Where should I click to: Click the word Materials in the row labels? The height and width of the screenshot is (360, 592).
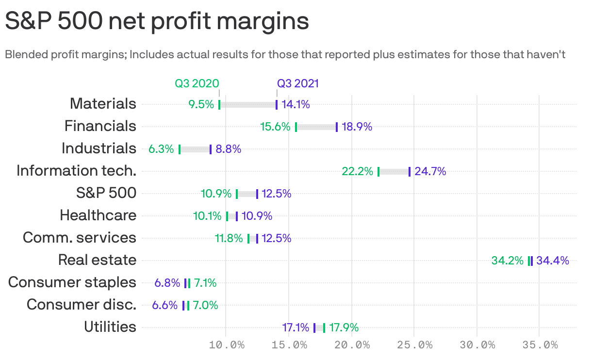click(103, 104)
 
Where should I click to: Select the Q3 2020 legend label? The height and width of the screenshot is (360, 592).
click(197, 83)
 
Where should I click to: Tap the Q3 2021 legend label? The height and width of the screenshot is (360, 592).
click(298, 83)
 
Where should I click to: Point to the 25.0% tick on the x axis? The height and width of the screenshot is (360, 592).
click(414, 345)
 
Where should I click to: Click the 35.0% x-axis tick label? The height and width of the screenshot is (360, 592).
click(540, 345)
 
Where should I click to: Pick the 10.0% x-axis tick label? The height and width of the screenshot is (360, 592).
click(226, 345)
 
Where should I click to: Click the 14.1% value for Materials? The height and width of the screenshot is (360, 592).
click(296, 104)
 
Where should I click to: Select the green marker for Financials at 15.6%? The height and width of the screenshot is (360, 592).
click(296, 127)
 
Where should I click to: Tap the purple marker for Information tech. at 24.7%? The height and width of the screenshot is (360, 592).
click(410, 171)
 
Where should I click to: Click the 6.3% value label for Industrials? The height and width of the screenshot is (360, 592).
click(161, 149)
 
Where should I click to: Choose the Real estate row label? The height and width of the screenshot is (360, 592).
click(97, 260)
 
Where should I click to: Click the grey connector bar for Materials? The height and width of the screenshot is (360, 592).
click(248, 104)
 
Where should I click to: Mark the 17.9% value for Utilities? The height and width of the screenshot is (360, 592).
click(344, 327)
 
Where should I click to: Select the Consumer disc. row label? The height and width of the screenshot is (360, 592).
click(82, 305)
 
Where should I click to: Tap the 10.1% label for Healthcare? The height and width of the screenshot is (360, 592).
click(207, 216)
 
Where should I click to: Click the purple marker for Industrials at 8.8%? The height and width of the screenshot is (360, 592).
click(211, 149)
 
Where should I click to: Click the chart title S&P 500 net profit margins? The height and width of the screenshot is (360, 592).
click(157, 22)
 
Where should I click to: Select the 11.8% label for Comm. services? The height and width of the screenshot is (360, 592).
click(229, 238)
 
